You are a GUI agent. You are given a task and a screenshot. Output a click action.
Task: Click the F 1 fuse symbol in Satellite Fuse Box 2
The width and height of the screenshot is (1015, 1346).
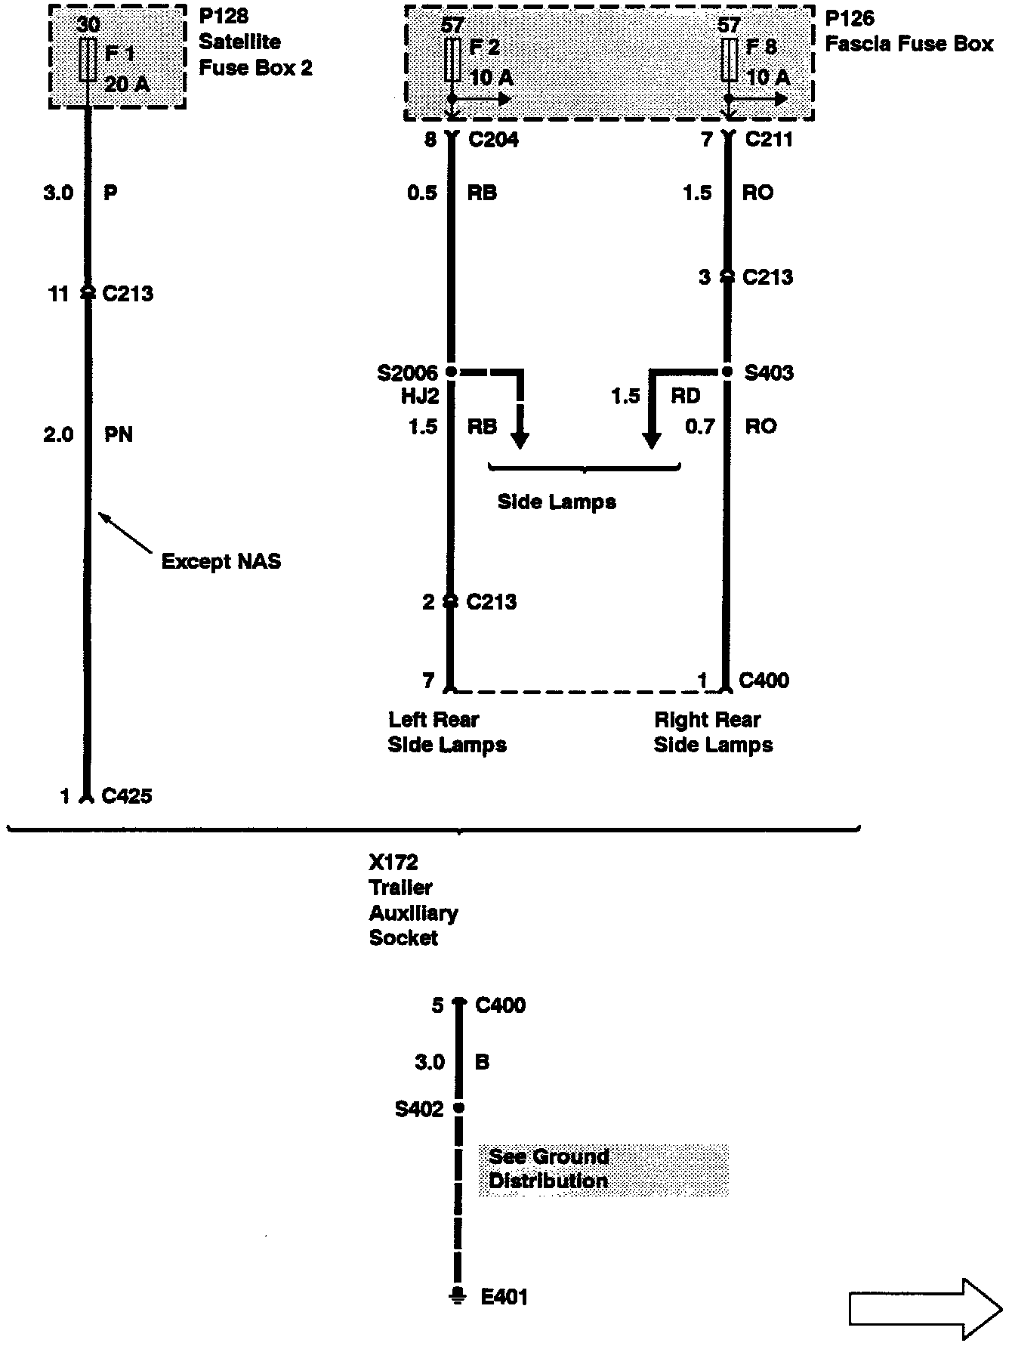point(88,60)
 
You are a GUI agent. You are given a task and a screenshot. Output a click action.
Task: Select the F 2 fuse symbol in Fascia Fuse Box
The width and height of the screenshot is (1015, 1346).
point(452,60)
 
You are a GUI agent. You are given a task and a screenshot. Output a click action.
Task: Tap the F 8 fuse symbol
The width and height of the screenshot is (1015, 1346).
point(729,60)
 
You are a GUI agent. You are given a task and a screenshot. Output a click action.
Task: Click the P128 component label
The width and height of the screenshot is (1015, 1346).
point(224,16)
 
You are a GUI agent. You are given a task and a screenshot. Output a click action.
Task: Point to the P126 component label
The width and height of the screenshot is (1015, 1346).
point(850,17)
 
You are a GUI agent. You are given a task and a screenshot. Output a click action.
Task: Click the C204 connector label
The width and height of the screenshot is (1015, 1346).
point(494,140)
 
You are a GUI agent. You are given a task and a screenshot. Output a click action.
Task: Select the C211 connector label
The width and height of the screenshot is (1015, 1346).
point(769,140)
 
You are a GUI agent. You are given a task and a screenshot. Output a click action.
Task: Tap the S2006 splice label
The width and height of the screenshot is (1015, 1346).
point(408,373)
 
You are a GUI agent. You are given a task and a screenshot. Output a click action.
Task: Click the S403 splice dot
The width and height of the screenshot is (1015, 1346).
point(727,372)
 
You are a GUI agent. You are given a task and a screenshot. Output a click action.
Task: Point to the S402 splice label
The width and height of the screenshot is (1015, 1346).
point(419,1110)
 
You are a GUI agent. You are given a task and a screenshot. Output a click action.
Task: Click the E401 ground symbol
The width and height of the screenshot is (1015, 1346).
point(458,1296)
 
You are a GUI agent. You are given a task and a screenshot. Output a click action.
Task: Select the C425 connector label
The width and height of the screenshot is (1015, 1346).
point(127,796)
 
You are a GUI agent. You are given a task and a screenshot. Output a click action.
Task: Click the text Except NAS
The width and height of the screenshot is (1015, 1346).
point(221,561)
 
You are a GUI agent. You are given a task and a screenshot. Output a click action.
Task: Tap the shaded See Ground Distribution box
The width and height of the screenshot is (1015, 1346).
point(603,1169)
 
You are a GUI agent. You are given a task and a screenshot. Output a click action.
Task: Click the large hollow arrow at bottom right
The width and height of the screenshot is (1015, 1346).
point(926,1310)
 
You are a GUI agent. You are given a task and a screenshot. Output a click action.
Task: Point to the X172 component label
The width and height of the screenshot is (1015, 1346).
point(393,863)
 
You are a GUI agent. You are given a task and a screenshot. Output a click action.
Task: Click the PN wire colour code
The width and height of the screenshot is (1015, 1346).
point(119,434)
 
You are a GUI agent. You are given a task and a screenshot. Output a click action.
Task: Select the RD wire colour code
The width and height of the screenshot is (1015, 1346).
point(686,396)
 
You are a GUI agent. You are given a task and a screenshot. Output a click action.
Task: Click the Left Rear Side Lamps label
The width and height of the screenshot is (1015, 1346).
point(447,733)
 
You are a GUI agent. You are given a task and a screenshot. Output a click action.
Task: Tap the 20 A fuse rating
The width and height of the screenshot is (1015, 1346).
point(127,85)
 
